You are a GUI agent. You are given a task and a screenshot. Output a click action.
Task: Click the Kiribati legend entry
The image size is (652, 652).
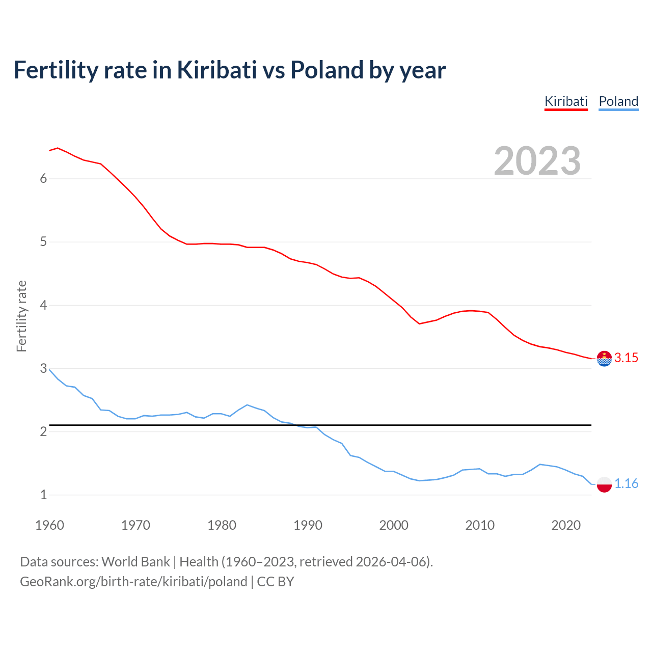pyautogui.click(x=566, y=101)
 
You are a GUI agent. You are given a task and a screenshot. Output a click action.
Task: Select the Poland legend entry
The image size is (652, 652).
pyautogui.click(x=618, y=101)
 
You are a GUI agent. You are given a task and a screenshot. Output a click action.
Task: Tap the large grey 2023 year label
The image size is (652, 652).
pyautogui.click(x=537, y=161)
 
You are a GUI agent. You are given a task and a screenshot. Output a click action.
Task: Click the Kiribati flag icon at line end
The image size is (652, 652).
pyautogui.click(x=604, y=359)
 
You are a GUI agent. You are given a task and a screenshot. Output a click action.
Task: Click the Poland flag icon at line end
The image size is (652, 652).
pyautogui.click(x=604, y=484)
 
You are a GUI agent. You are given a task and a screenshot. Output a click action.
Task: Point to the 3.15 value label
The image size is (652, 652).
pyautogui.click(x=626, y=358)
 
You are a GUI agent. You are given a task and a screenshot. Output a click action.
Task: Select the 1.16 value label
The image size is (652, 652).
pyautogui.click(x=626, y=484)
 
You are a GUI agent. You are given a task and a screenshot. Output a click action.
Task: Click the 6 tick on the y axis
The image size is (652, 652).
pyautogui.click(x=43, y=178)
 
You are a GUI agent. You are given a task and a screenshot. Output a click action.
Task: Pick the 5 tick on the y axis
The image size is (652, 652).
pyautogui.click(x=43, y=241)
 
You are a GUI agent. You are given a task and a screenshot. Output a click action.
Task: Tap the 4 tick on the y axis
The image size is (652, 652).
pyautogui.click(x=43, y=305)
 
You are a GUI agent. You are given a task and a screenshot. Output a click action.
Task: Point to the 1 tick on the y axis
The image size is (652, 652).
pyautogui.click(x=43, y=495)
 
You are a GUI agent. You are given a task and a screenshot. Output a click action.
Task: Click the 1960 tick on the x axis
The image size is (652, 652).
pyautogui.click(x=49, y=525)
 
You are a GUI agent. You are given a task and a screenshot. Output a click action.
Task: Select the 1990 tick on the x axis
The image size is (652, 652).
pyautogui.click(x=308, y=525)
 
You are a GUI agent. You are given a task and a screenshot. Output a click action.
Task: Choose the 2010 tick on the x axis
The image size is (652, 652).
pyautogui.click(x=480, y=525)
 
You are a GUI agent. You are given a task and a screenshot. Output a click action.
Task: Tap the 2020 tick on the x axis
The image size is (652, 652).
pyautogui.click(x=566, y=525)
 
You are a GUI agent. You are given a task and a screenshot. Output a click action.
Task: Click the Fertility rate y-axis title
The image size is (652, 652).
pyautogui.click(x=21, y=316)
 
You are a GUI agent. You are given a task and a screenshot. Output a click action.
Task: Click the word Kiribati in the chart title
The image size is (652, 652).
pyautogui.click(x=217, y=70)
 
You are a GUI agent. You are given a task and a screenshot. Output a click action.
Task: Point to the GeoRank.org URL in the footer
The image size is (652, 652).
pyautogui.click(x=133, y=582)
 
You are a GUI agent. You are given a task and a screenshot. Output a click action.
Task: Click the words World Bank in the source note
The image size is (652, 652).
pyautogui.click(x=135, y=562)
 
